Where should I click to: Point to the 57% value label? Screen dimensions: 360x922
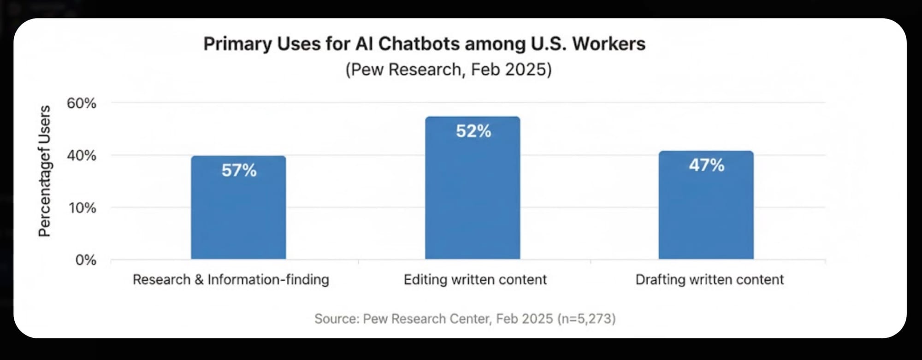click(239, 171)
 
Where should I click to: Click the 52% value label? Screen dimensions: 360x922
click(473, 131)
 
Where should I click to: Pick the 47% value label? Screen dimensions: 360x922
click(706, 165)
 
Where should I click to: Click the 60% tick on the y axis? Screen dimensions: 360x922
click(82, 103)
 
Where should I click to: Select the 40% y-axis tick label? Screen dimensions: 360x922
click(82, 156)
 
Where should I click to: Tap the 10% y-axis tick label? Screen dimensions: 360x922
click(83, 208)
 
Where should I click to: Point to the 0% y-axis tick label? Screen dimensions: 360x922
click(86, 260)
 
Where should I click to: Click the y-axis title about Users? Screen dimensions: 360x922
click(44, 171)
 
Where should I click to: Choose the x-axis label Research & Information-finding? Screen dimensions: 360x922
click(230, 280)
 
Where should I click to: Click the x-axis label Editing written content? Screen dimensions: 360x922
click(475, 280)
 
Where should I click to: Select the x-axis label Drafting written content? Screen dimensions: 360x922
click(709, 280)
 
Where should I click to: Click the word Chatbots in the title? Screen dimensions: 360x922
click(419, 44)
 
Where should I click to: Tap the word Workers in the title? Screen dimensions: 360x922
click(609, 44)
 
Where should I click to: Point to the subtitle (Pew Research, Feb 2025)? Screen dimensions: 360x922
click(448, 70)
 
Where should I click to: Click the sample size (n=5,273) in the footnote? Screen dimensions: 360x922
click(586, 319)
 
